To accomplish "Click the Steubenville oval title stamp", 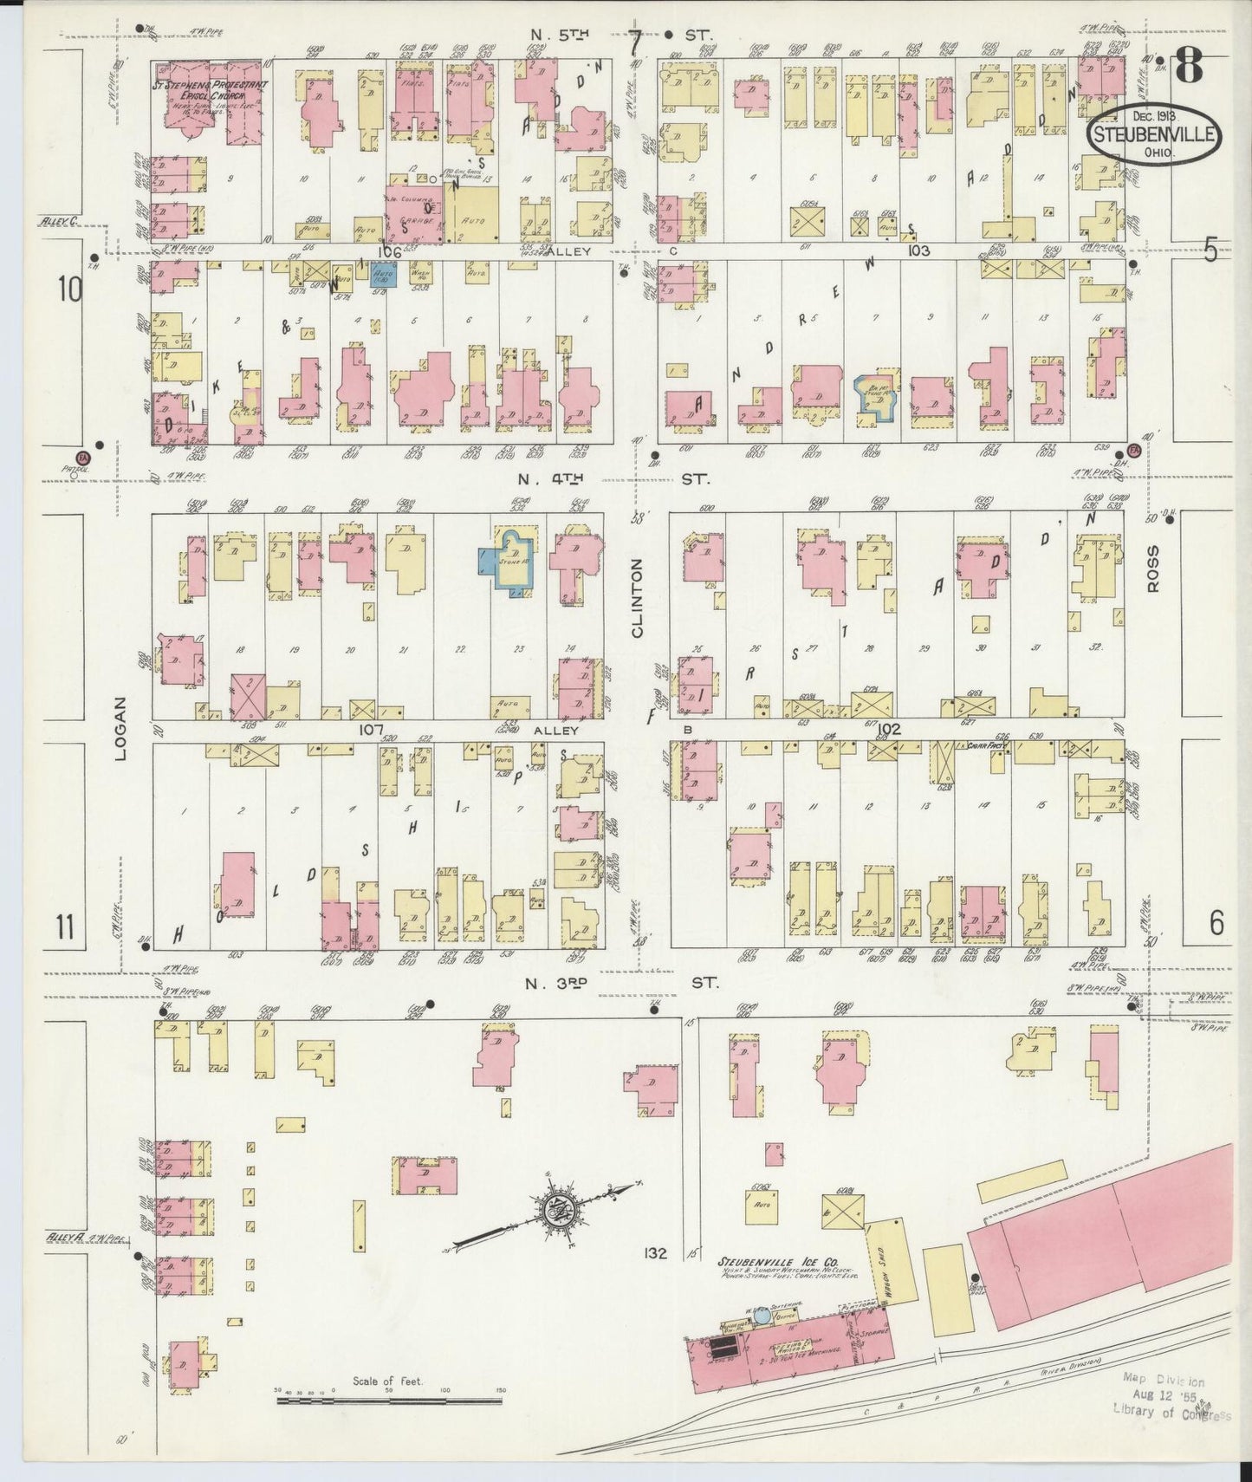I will [x=1155, y=137].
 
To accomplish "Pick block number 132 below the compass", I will [x=656, y=1252].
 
